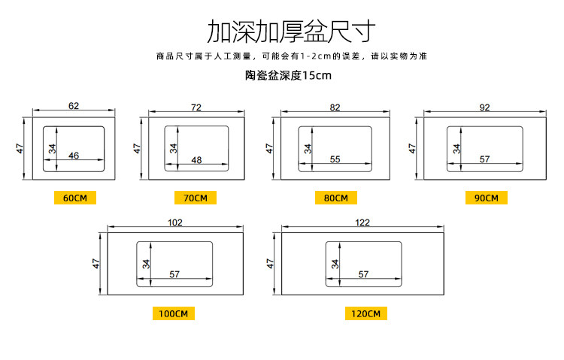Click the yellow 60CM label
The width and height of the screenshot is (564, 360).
[x=75, y=198]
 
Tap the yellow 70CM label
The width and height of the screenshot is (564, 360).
[x=196, y=198]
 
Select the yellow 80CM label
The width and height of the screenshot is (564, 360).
[x=335, y=198]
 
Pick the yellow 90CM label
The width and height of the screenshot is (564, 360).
[x=486, y=198]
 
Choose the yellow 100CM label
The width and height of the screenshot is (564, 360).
[x=174, y=313]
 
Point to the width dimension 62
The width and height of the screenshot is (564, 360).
[x=73, y=106]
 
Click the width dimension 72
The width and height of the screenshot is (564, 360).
[x=196, y=107]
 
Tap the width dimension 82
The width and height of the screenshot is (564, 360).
[x=335, y=107]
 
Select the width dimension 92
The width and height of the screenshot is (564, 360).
[x=484, y=107]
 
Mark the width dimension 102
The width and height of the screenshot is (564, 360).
[x=174, y=222]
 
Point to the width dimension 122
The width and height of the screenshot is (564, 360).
[x=362, y=222]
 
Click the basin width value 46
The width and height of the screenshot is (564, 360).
[x=74, y=156]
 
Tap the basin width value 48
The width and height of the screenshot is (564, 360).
[x=196, y=159]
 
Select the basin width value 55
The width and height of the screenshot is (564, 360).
[x=335, y=159]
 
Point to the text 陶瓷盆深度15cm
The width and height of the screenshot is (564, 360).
[x=288, y=75]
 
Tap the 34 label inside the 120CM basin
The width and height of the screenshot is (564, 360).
[x=334, y=264]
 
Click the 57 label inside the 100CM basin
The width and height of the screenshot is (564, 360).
[x=174, y=274]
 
